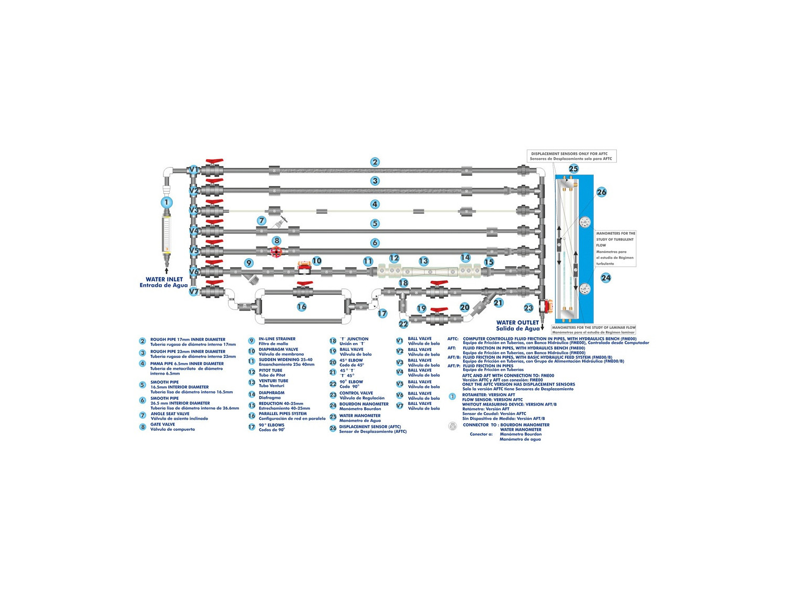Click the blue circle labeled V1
pyautogui.click(x=194, y=170)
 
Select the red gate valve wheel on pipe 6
pyautogui.click(x=276, y=252)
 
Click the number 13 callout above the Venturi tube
pyautogui.click(x=424, y=261)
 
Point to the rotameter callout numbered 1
pyautogui.click(x=167, y=202)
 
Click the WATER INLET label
pyautogui.click(x=164, y=279)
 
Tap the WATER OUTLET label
pyautogui.click(x=517, y=323)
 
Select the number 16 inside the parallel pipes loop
pyautogui.click(x=302, y=307)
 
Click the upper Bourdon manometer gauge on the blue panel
pyautogui.click(x=585, y=222)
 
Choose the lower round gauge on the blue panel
pyautogui.click(x=585, y=288)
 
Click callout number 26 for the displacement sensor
pyautogui.click(x=602, y=192)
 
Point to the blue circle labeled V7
pyautogui.click(x=194, y=292)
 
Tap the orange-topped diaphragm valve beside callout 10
pyautogui.click(x=304, y=266)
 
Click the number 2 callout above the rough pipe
pyautogui.click(x=375, y=162)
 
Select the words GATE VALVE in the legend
pyautogui.click(x=163, y=424)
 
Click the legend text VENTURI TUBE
pyautogui.click(x=273, y=381)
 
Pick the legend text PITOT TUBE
pyautogui.click(x=271, y=370)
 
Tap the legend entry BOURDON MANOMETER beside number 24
pyautogui.click(x=364, y=404)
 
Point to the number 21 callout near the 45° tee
pyautogui.click(x=498, y=303)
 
